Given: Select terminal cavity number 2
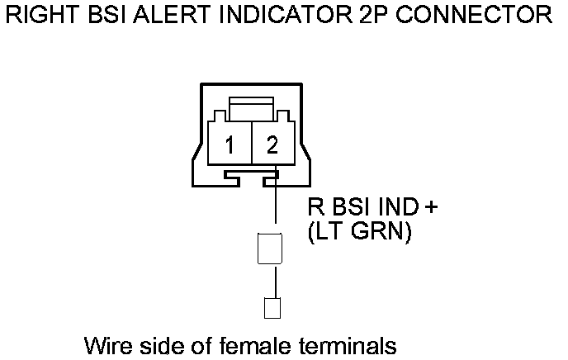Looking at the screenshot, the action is [272, 145].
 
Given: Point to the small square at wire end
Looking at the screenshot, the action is [271, 308].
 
